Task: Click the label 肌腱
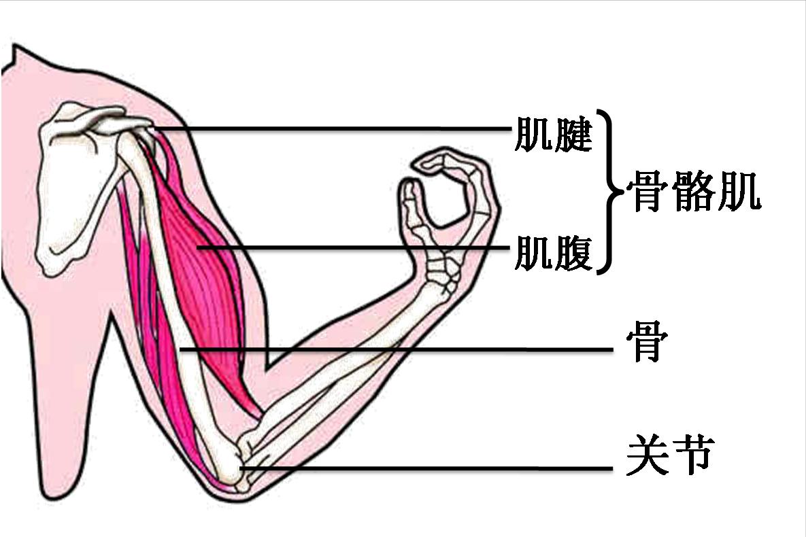tap(554, 135)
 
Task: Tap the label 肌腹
tap(554, 252)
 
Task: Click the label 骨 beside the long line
tap(647, 341)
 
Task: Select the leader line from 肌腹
tap(354, 247)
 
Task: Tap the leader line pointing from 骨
tap(397, 349)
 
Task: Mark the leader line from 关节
tap(426, 468)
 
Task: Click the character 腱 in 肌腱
tap(573, 135)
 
